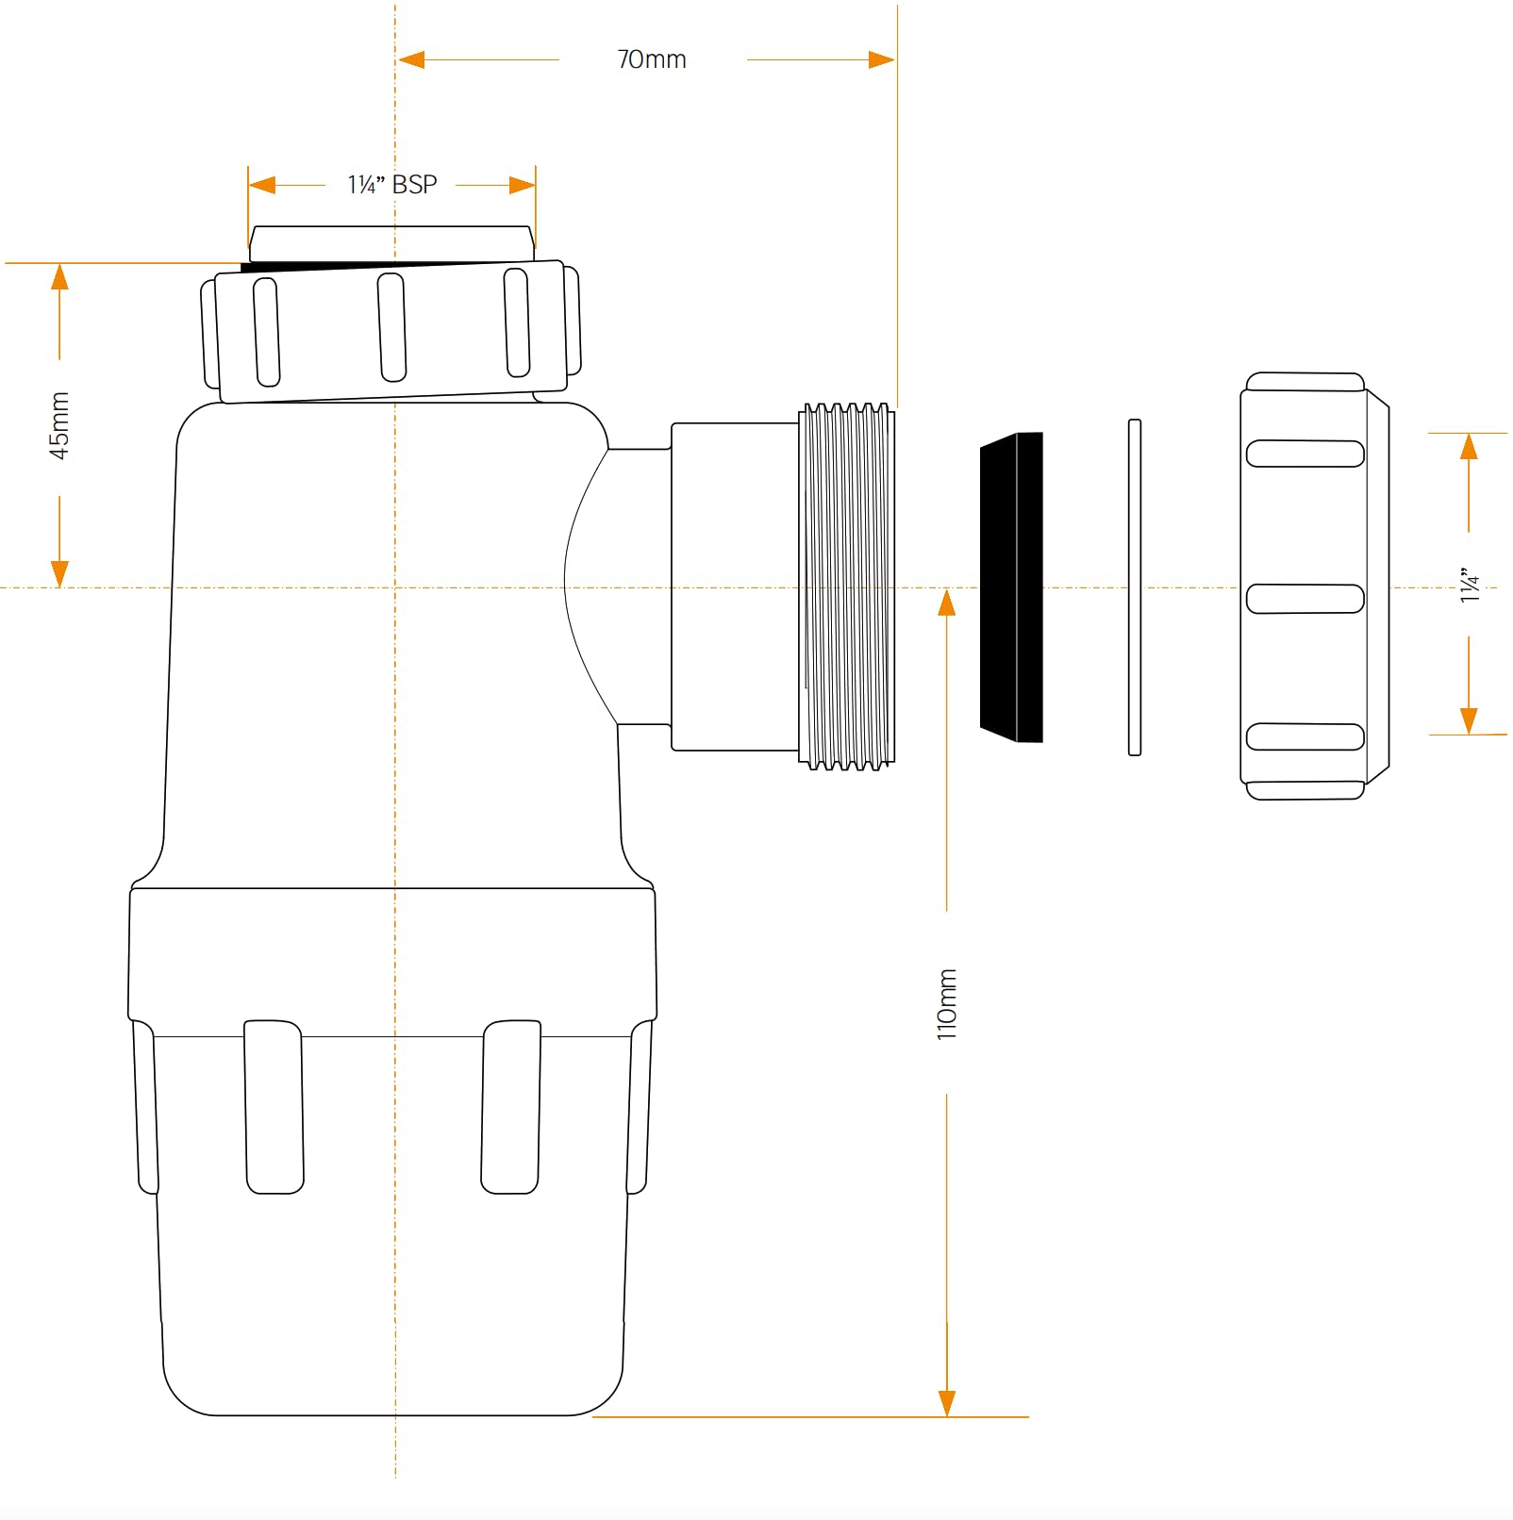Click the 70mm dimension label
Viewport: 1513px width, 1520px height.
(x=652, y=59)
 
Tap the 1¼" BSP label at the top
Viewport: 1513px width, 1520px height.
(x=392, y=185)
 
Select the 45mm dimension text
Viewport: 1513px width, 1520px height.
(x=59, y=425)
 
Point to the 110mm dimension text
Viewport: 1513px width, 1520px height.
(x=947, y=1004)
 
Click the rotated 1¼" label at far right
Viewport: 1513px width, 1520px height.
(x=1470, y=585)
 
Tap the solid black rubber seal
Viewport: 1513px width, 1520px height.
(x=1011, y=587)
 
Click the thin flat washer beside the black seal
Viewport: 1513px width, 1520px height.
(x=1135, y=587)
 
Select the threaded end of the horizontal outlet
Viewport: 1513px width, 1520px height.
(x=846, y=587)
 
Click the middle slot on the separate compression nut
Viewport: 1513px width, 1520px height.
(x=1305, y=599)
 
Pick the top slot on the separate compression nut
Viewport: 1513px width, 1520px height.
(x=1305, y=454)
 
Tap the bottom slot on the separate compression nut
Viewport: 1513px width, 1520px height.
(x=1305, y=736)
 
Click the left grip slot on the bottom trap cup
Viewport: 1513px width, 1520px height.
(x=274, y=1106)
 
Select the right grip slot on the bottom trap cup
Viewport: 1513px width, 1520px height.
(x=511, y=1106)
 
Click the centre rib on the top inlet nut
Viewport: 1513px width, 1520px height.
(x=391, y=327)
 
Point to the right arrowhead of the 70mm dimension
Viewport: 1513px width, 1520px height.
(x=881, y=60)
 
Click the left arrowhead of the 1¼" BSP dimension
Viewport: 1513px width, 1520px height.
(x=262, y=185)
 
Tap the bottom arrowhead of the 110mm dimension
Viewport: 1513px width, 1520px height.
(x=947, y=1403)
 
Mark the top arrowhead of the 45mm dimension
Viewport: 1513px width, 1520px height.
(x=59, y=277)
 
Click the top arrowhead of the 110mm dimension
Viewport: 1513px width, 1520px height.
(x=947, y=603)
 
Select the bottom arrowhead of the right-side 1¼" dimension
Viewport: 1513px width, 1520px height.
(x=1469, y=720)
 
